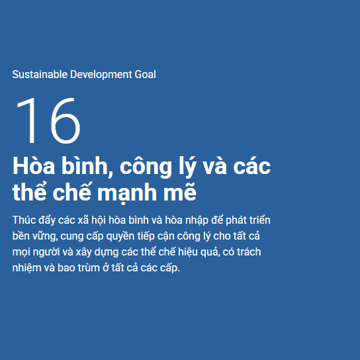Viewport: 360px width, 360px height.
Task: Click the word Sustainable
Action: (x=40, y=74)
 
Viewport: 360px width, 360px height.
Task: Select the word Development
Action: (x=101, y=75)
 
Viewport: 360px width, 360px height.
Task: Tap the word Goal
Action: (x=146, y=74)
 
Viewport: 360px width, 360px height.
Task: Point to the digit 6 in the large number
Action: (x=66, y=120)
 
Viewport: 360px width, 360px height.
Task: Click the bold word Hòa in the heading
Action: (x=34, y=165)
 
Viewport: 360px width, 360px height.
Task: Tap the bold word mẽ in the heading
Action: (x=180, y=191)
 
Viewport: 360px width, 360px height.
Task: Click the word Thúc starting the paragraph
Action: (x=24, y=220)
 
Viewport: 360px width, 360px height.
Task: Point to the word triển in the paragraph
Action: (x=259, y=220)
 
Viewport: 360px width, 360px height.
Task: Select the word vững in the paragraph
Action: (x=45, y=236)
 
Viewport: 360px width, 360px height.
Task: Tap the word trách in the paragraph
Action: (x=249, y=251)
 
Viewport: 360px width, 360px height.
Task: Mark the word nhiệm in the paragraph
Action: (x=26, y=268)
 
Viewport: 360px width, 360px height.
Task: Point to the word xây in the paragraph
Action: (x=83, y=252)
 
